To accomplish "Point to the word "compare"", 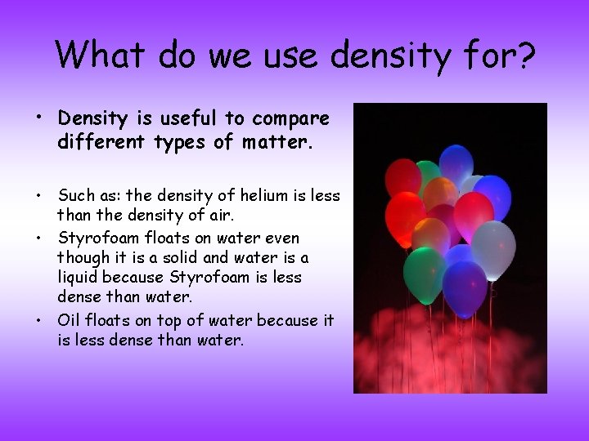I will pos(290,118).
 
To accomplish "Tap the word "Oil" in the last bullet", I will pos(70,320).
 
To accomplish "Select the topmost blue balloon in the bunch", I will pos(456,162).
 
